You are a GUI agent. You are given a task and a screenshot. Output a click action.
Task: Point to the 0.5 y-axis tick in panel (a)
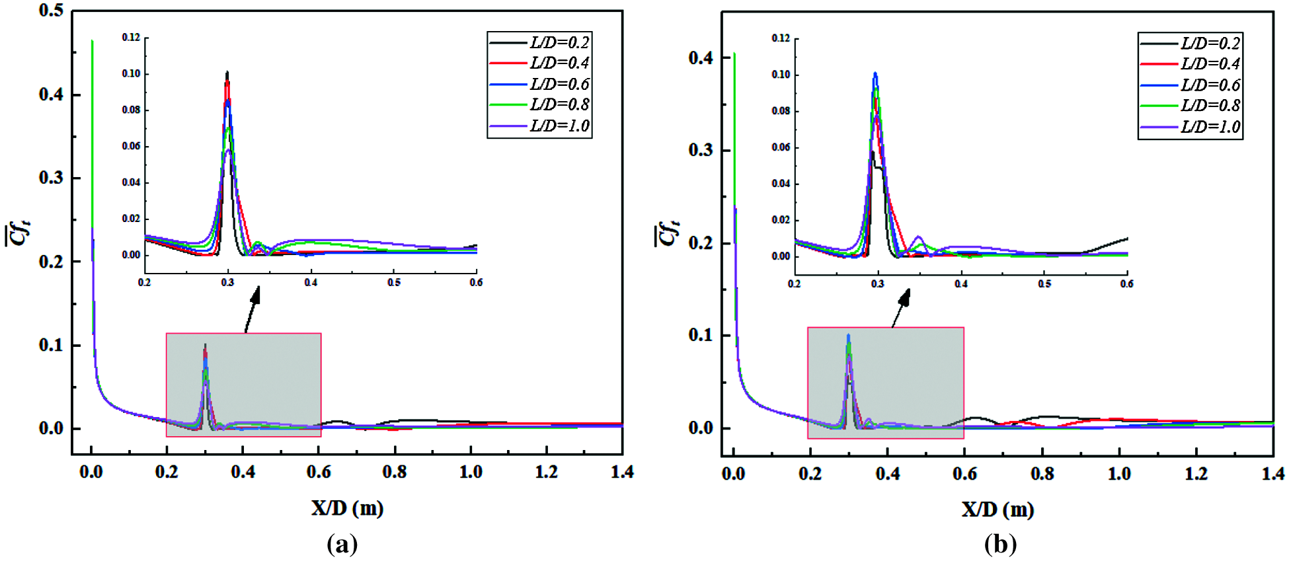52,11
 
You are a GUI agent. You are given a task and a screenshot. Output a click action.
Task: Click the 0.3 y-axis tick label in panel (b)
701,150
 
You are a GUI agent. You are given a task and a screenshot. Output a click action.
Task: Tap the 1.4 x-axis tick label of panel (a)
622,472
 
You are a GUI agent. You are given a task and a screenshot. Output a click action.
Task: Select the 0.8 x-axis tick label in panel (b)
1042,474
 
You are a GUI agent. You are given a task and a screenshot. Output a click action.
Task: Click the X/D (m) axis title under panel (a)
347,508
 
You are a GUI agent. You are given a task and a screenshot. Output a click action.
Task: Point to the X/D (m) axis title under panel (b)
997,509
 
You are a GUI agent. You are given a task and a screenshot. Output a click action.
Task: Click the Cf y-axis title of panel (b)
667,233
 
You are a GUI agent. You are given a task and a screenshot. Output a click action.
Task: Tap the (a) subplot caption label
342,545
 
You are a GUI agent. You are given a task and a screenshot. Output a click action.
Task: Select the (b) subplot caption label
1000,545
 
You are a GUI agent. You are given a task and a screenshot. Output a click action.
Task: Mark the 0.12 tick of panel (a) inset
131,38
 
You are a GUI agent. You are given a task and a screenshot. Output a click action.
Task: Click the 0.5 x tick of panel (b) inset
1044,284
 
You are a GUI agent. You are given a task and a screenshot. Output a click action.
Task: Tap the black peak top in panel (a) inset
227,72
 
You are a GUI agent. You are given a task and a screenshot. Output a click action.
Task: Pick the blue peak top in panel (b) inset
875,73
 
